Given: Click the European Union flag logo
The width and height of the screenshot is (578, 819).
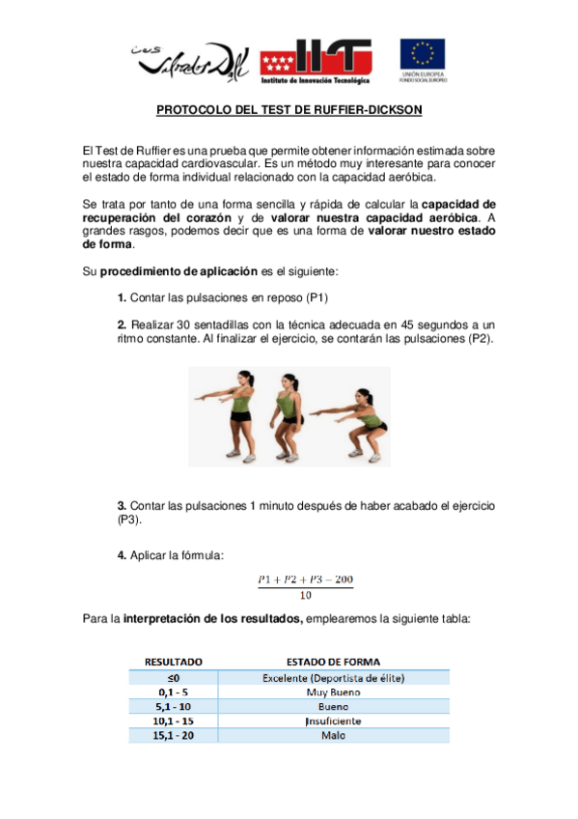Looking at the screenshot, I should [423, 56].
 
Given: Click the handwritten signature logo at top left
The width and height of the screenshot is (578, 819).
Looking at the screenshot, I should [189, 60].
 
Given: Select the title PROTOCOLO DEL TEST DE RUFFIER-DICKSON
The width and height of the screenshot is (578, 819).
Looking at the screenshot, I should [289, 111].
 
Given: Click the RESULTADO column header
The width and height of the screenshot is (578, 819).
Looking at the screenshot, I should [173, 663].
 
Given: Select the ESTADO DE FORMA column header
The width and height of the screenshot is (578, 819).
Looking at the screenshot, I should [333, 663].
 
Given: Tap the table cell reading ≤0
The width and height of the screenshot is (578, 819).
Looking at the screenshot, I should [173, 678].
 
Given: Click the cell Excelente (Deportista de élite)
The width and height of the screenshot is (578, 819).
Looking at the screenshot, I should [333, 678].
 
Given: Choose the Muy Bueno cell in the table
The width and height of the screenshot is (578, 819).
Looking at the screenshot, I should [333, 692].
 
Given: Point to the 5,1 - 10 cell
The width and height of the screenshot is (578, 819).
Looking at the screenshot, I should [173, 707].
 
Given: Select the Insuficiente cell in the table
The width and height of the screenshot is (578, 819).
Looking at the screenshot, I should [333, 721].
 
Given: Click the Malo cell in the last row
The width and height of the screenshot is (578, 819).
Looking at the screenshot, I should [333, 736].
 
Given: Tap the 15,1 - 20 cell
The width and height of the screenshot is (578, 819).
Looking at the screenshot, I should [173, 736].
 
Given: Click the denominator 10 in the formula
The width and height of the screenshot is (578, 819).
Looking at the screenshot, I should [305, 594].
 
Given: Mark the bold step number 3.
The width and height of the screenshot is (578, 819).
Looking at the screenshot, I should [122, 506].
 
